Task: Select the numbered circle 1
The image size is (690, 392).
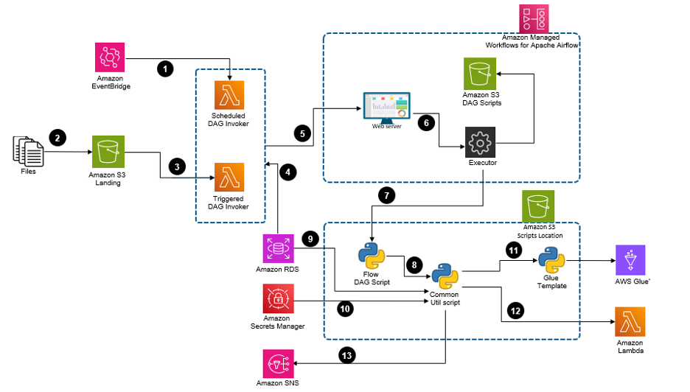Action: (166, 69)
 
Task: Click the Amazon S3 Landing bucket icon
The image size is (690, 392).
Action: (108, 153)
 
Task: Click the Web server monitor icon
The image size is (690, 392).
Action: (383, 108)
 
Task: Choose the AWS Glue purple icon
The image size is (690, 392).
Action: (630, 260)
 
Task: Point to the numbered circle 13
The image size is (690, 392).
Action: (346, 355)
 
